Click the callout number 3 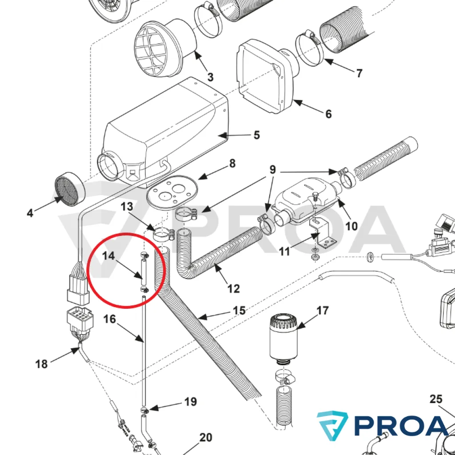point(210,77)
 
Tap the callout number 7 point(359,73)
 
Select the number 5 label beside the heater point(257,135)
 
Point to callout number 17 point(323,311)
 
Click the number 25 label point(436,399)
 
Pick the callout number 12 point(234,289)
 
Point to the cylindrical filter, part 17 point(283,338)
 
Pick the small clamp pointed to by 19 point(145,410)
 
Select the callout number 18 point(41,364)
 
